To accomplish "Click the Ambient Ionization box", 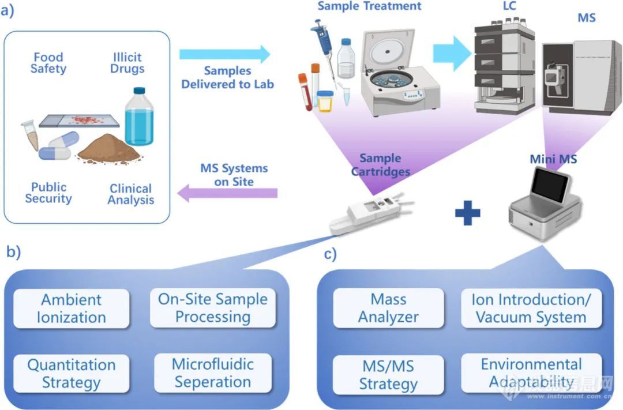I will click(x=71, y=309).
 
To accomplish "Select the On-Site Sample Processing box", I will click(x=212, y=308).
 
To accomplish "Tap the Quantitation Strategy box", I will click(x=71, y=374).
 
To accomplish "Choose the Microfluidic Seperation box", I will click(x=212, y=373).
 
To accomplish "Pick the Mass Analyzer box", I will click(x=388, y=309).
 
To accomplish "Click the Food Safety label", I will click(x=48, y=63).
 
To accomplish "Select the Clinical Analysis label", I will click(x=131, y=194).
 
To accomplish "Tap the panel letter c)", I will click(x=329, y=253).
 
